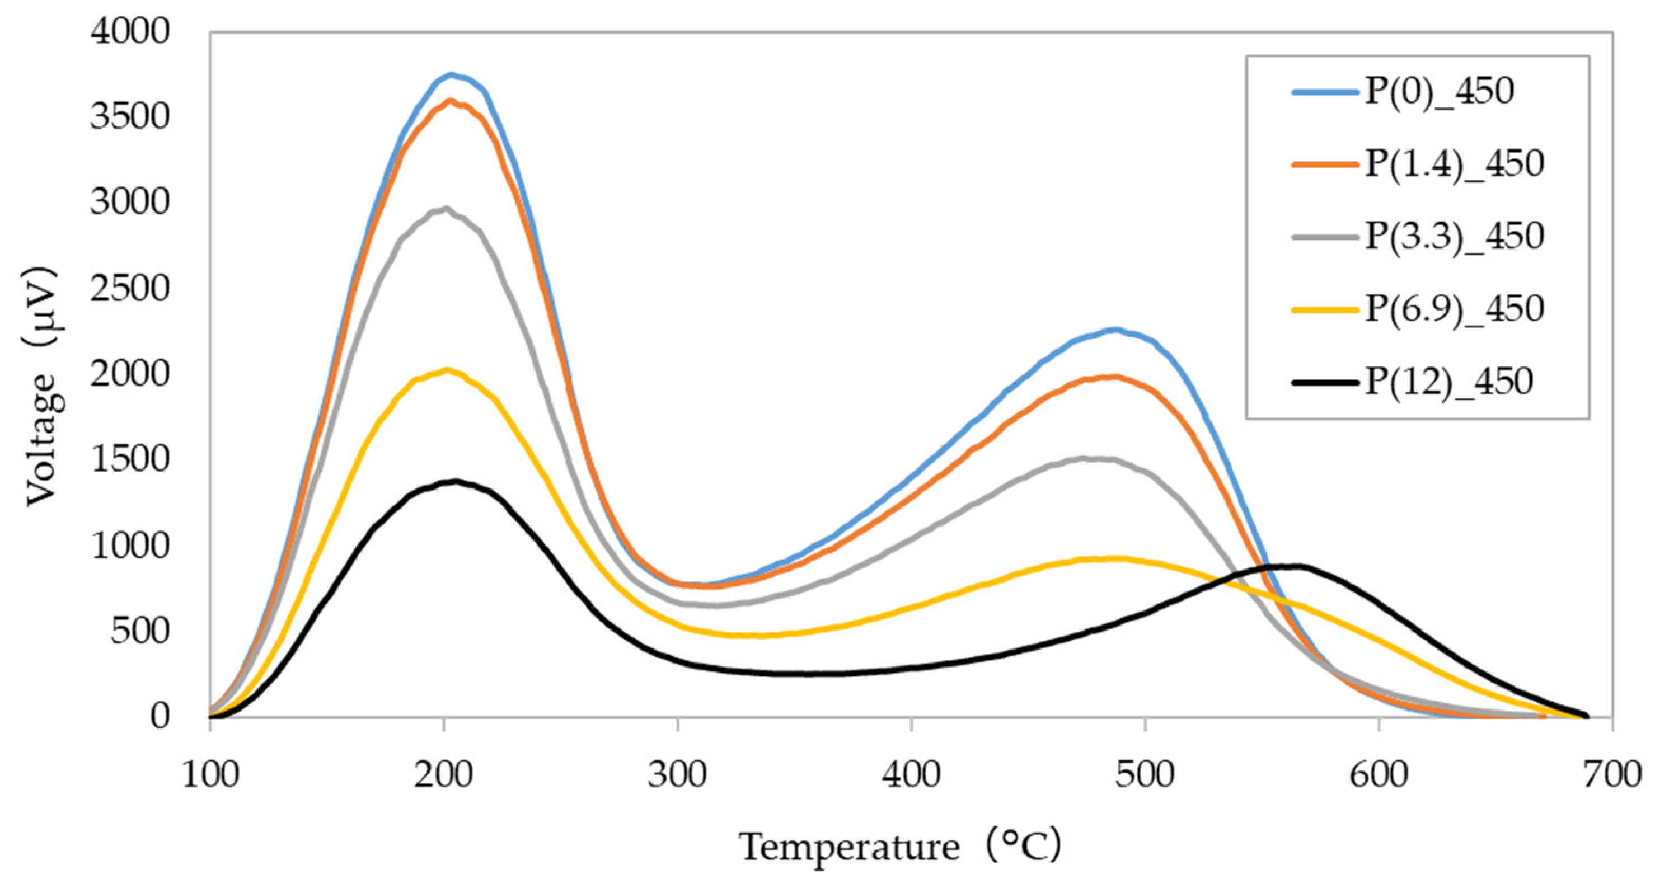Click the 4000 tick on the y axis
[x=130, y=32]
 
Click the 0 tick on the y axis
[x=160, y=716]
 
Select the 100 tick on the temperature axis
[x=210, y=775]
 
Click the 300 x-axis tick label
[x=677, y=775]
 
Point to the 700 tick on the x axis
[x=1612, y=775]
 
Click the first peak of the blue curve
[x=451, y=74]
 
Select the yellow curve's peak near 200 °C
[x=447, y=369]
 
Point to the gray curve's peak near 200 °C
[x=445, y=208]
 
